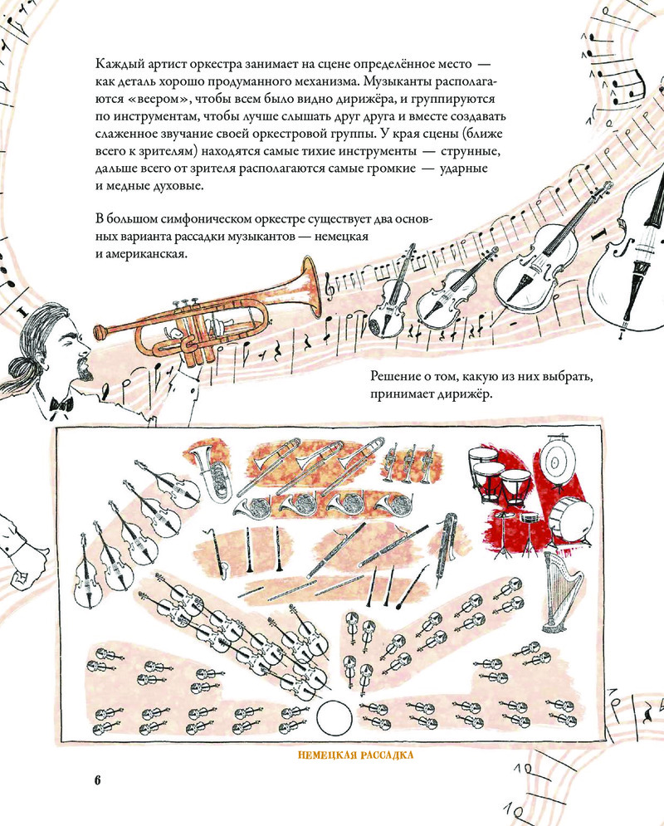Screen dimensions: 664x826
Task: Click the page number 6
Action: coord(97,780)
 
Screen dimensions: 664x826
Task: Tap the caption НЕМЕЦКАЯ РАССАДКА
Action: coord(355,755)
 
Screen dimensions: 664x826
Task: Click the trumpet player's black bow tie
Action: coord(61,404)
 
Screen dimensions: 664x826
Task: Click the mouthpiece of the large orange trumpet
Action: coord(100,332)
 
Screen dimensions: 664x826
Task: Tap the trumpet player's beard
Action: coord(85,367)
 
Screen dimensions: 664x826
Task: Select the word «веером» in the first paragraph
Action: coord(157,99)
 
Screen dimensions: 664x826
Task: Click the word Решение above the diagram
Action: coord(394,377)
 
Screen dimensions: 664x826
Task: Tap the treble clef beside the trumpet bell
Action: coord(331,286)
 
